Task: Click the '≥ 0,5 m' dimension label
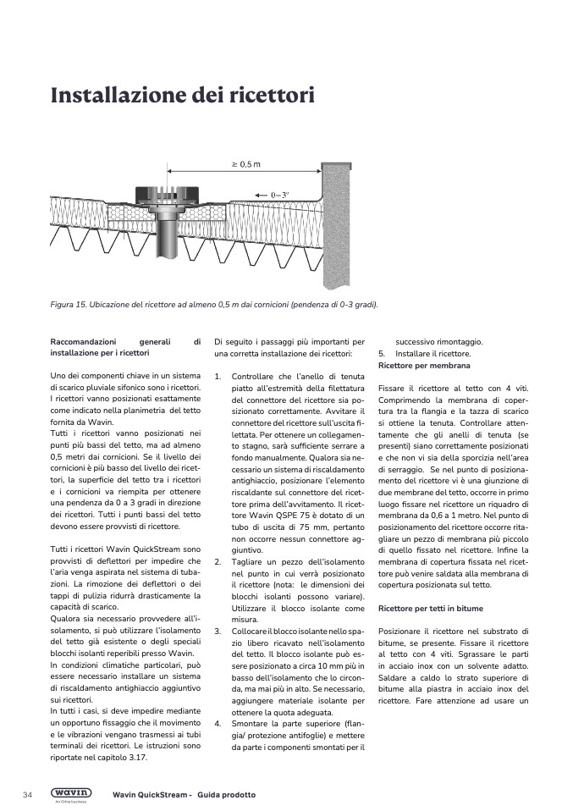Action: [245, 163]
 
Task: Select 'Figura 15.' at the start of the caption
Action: [70, 305]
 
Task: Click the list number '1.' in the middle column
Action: [218, 376]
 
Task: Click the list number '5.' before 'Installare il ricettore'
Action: [381, 354]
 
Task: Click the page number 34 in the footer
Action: [27, 795]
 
